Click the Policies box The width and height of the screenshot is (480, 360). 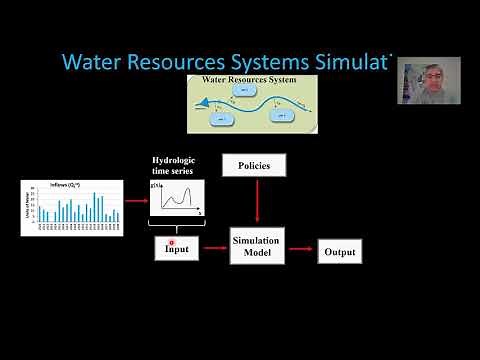(258, 164)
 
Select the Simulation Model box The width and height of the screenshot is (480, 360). (257, 247)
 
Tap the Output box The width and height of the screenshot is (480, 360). (338, 252)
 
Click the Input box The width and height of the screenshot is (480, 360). (171, 249)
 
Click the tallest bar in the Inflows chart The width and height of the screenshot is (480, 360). (95, 207)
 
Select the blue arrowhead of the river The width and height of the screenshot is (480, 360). (198, 100)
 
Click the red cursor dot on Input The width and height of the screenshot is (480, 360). (172, 241)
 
